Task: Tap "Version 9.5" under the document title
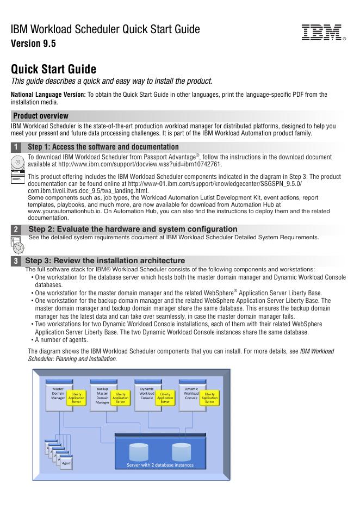pyautogui.click(x=34, y=44)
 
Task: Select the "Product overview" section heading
pyautogui.click(x=41, y=116)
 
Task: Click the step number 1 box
pyautogui.click(x=16, y=147)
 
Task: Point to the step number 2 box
pyautogui.click(x=16, y=229)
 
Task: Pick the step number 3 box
pyautogui.click(x=16, y=261)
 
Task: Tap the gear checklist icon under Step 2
pyautogui.click(x=17, y=245)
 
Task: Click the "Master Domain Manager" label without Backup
pyautogui.click(x=58, y=393)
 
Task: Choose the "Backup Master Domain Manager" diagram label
pyautogui.click(x=102, y=396)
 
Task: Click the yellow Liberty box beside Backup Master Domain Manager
pyautogui.click(x=121, y=398)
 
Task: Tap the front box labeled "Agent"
pyautogui.click(x=66, y=463)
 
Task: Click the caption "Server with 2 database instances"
pyautogui.click(x=160, y=465)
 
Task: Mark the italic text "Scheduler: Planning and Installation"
pyautogui.click(x=72, y=359)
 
